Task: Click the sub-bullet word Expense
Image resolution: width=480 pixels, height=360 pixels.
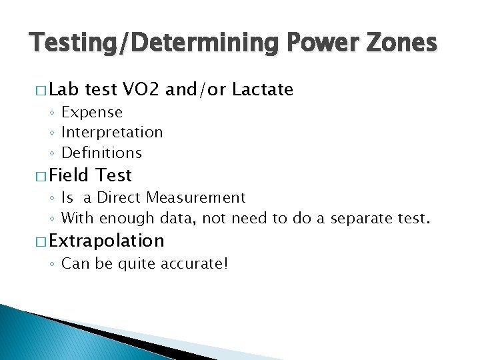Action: click(92, 113)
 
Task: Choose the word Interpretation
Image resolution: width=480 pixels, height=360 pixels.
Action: click(112, 133)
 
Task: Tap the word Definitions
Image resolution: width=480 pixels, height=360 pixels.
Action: click(101, 153)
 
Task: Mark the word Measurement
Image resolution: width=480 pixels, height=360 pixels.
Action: click(197, 198)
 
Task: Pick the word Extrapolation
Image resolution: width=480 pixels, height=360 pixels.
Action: click(106, 241)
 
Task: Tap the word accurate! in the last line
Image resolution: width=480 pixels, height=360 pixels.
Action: click(197, 263)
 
